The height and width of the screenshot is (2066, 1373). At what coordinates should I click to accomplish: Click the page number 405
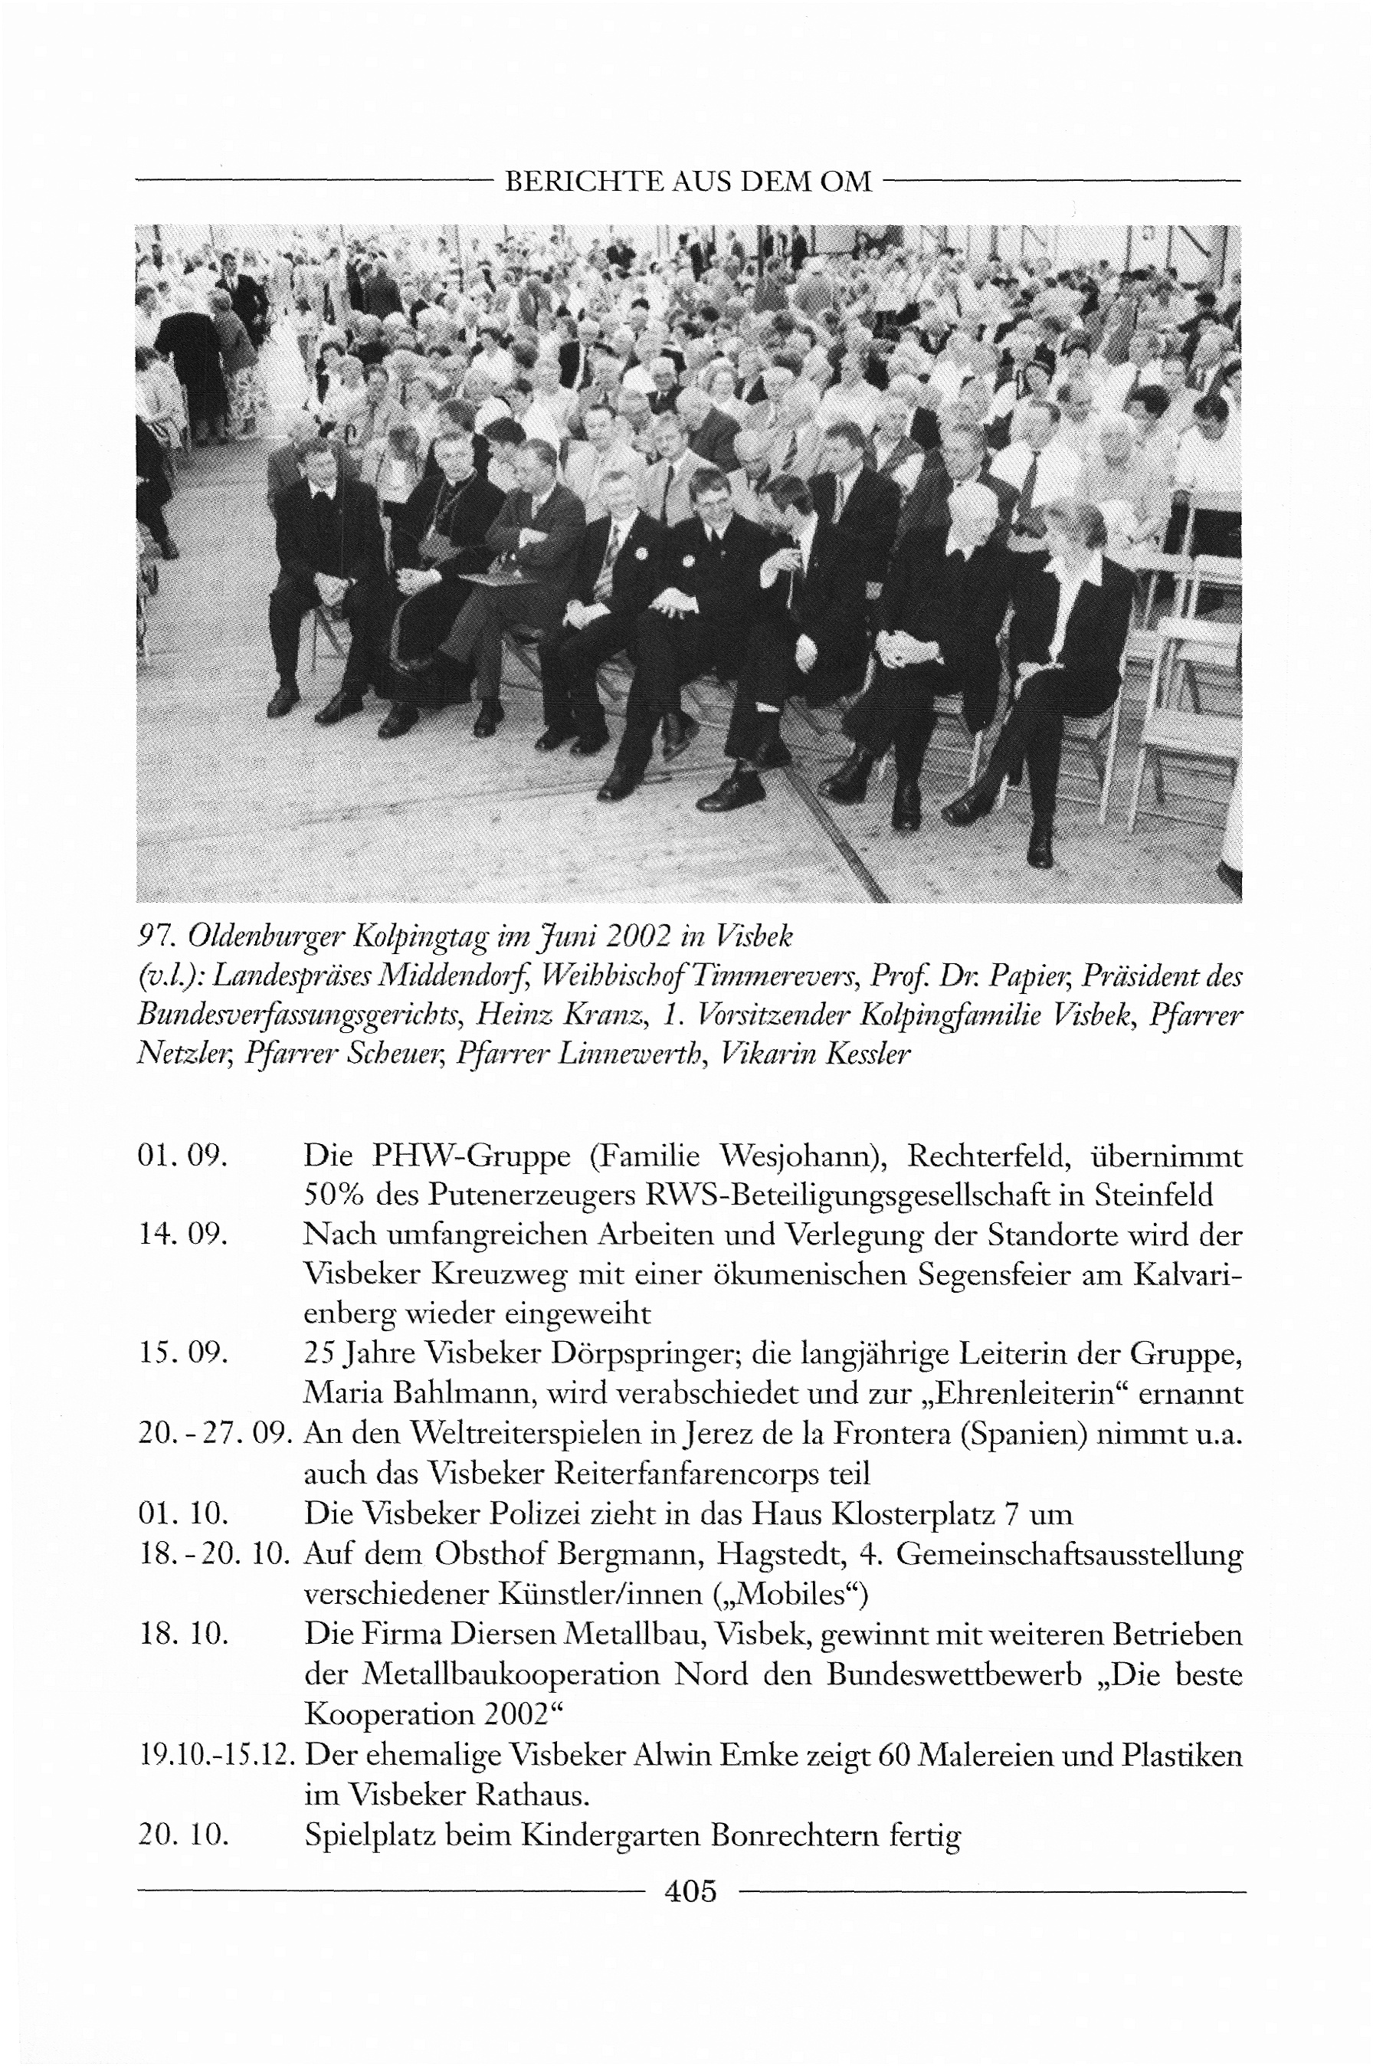690,1892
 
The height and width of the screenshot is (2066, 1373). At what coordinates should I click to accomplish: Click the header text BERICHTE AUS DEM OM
688,182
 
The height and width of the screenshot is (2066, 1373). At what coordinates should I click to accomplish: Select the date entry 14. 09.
183,1234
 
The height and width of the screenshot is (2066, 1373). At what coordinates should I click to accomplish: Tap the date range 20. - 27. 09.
215,1433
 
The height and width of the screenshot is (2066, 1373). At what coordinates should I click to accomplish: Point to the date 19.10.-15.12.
215,1755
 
